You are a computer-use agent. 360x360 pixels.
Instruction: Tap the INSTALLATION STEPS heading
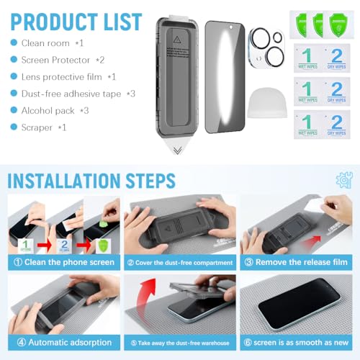[x=91, y=179]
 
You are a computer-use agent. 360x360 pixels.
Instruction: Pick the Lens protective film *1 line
[x=64, y=76]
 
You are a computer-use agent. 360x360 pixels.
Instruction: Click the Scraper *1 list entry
[x=42, y=127]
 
